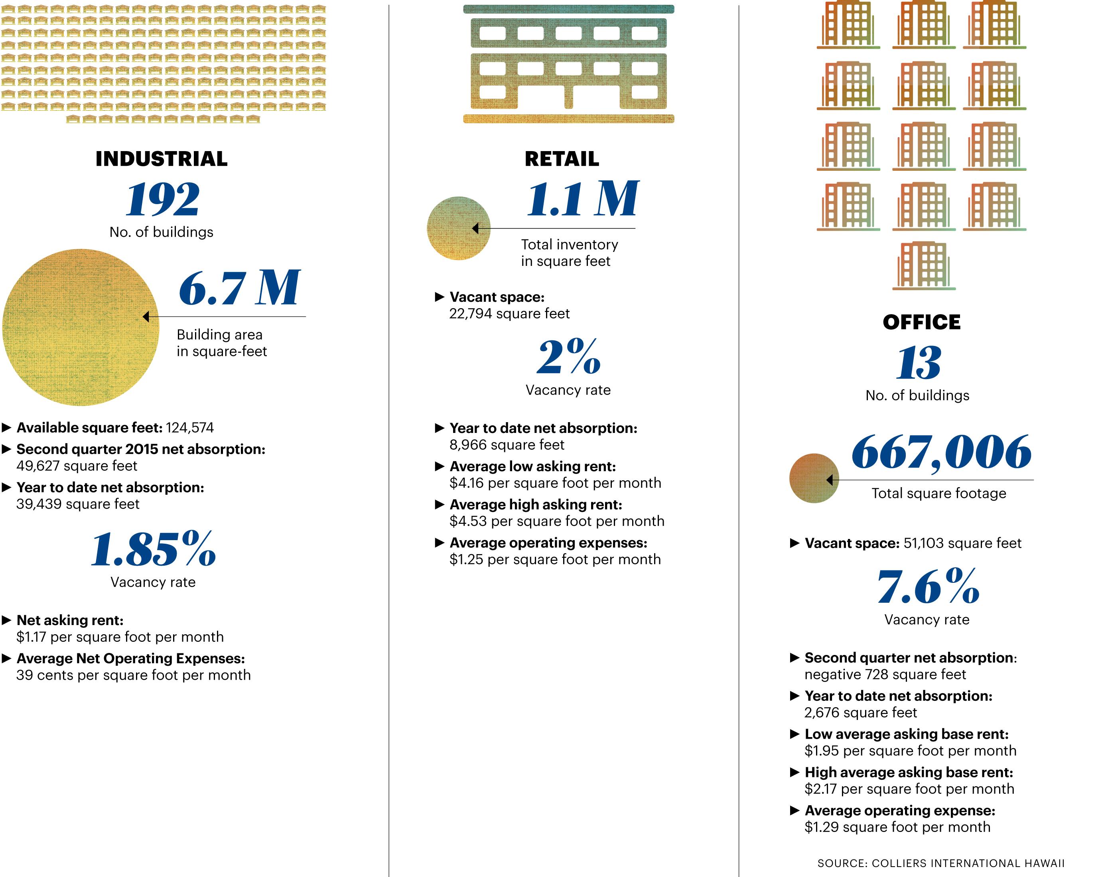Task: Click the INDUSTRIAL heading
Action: [161, 159]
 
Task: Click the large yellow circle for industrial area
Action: [81, 327]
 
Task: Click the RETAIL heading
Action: [562, 159]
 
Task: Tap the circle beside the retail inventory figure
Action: [458, 228]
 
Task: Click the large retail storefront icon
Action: [568, 64]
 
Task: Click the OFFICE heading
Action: [921, 322]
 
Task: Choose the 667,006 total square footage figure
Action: [941, 452]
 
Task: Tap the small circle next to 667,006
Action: [814, 478]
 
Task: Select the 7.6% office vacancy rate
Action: [927, 587]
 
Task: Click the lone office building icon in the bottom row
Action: [923, 265]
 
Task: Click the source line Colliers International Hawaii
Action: [941, 863]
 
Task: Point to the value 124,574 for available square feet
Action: [190, 428]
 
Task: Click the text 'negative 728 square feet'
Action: [885, 674]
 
